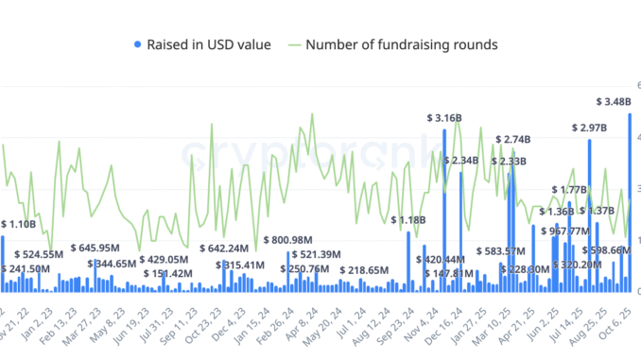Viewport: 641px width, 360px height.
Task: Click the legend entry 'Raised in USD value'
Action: click(x=209, y=43)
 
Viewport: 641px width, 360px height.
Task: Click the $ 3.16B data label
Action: click(x=443, y=118)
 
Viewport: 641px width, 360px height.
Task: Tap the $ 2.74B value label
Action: click(x=515, y=140)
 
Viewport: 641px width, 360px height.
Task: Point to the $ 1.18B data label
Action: click(x=409, y=220)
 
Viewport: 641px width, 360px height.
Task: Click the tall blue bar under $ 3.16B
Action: click(x=443, y=208)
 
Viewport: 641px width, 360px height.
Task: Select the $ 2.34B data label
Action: click(x=465, y=161)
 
